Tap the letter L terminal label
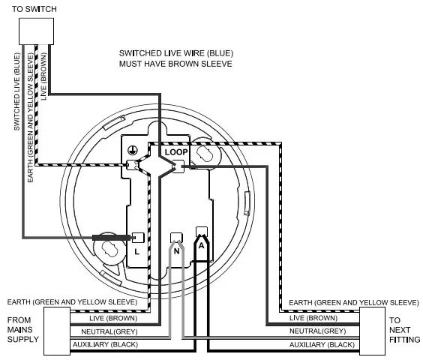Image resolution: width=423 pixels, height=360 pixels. point(136,252)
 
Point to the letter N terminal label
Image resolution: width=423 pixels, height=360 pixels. point(176,252)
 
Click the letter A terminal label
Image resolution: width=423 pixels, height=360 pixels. point(201,244)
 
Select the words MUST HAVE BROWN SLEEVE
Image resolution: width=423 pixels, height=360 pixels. point(175,64)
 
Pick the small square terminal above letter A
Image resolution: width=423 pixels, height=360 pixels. point(201,231)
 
